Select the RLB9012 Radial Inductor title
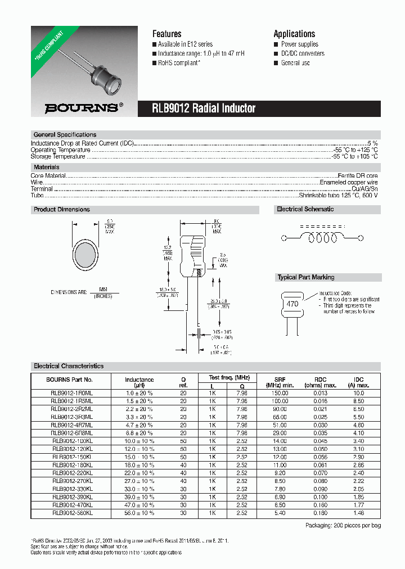[204, 109]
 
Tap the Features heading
[166, 34]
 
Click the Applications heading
[294, 34]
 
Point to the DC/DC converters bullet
[303, 53]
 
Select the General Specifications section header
[65, 135]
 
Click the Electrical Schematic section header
[305, 209]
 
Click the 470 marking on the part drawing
[293, 303]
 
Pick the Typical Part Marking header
[305, 277]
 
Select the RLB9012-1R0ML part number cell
[72, 394]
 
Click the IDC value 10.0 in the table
[358, 394]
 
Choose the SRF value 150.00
[280, 394]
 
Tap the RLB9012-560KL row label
[72, 513]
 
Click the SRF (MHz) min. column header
[280, 382]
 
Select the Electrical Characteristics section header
[69, 366]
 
